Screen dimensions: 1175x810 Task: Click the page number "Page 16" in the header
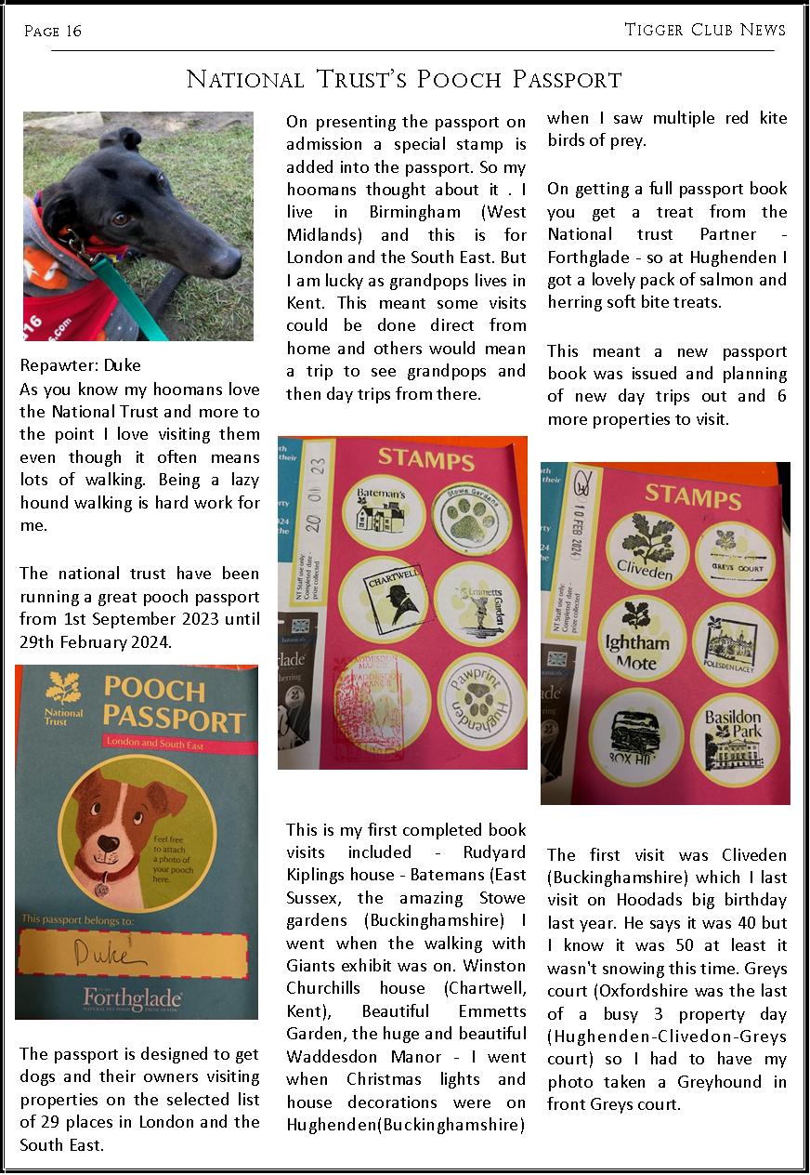(53, 32)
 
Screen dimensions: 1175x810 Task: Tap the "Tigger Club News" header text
(705, 30)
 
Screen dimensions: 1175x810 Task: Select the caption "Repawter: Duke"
(80, 364)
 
